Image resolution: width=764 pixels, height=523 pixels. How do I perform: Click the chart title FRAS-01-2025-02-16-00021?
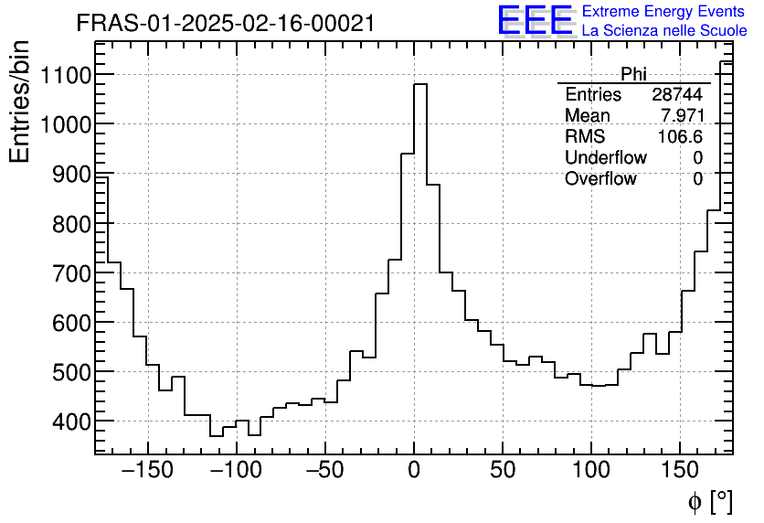(225, 23)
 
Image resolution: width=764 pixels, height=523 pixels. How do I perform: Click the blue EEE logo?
(535, 21)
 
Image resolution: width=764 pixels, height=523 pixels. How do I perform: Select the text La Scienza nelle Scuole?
(664, 31)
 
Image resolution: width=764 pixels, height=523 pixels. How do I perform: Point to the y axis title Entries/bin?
(20, 102)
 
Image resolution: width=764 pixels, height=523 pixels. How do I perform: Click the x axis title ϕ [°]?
(710, 501)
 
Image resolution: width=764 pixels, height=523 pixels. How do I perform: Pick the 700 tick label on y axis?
(69, 272)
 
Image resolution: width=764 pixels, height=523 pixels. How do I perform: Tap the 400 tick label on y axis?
(69, 421)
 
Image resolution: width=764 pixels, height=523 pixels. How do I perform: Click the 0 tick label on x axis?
(414, 471)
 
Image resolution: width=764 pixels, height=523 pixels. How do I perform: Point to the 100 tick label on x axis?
(591, 471)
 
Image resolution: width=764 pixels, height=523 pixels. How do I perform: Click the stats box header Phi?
(633, 74)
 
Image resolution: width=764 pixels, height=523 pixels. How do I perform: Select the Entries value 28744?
(677, 95)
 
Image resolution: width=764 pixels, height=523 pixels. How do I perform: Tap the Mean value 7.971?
(682, 116)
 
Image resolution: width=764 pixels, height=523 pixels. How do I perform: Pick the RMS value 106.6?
(681, 137)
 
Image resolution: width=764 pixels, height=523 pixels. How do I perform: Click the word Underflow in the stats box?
(605, 158)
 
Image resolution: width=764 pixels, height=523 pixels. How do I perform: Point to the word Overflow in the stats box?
(600, 179)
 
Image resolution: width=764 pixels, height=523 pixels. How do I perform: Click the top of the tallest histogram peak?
(420, 84)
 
